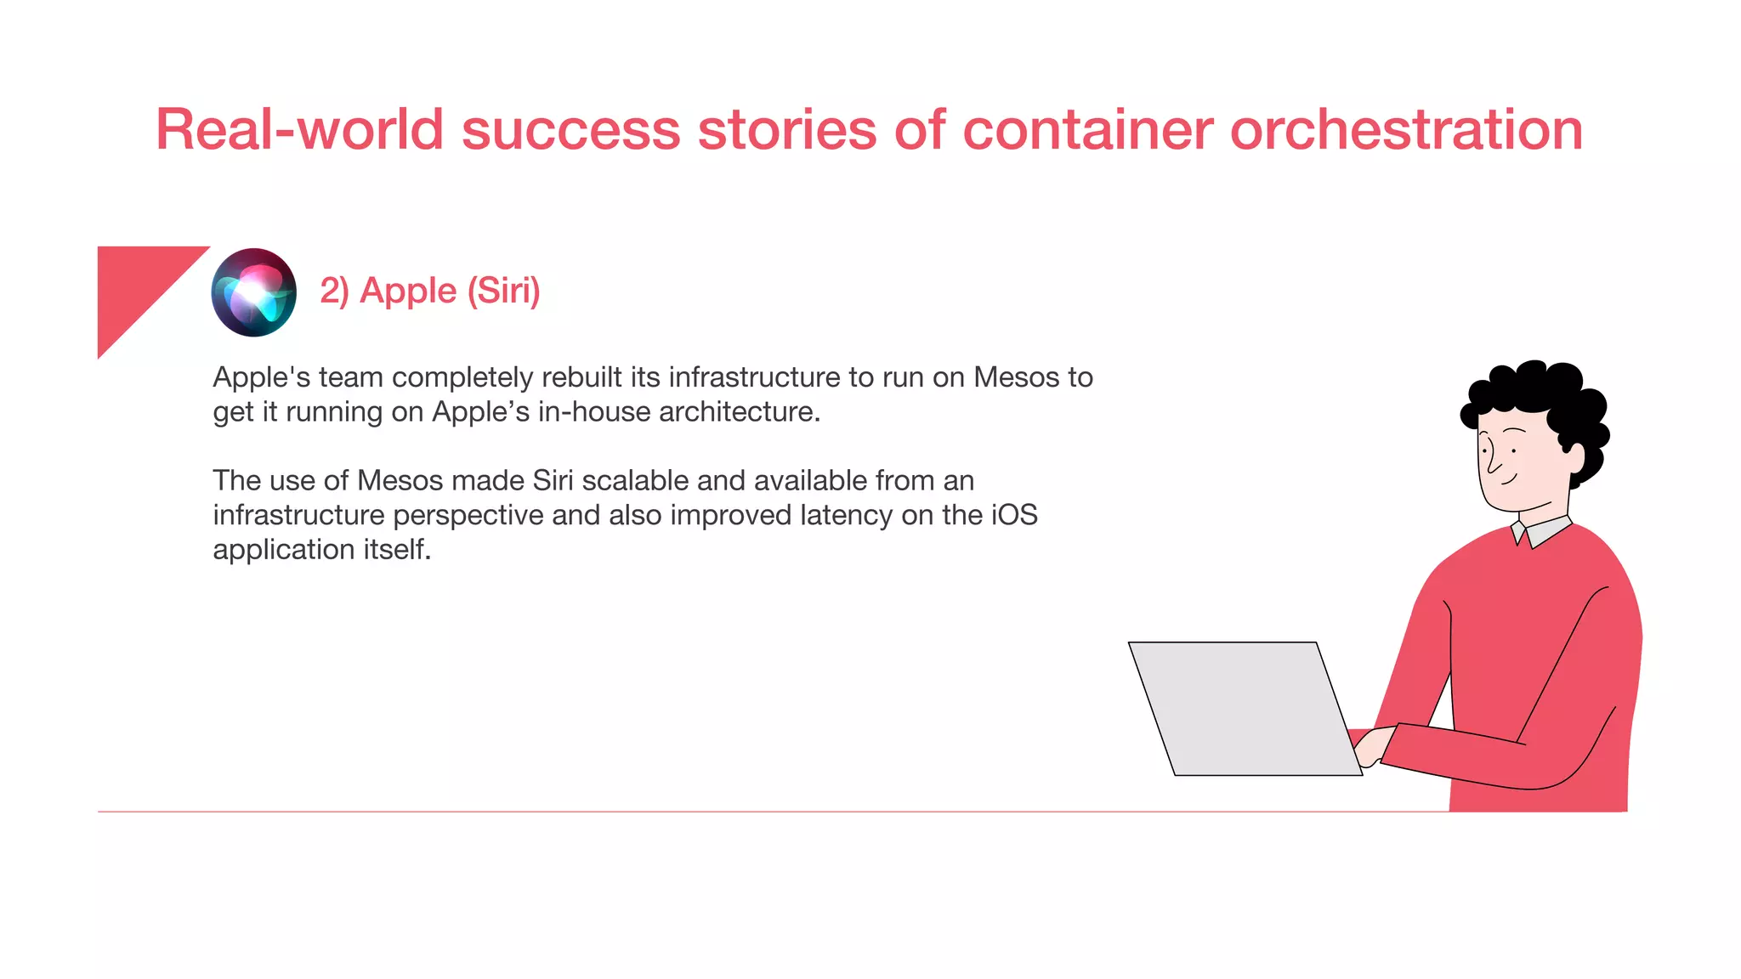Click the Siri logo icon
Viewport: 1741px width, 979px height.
(253, 292)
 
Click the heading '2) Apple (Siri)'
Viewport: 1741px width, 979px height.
(429, 291)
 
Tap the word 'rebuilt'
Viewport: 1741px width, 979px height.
(582, 377)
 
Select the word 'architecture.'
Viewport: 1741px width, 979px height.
(739, 412)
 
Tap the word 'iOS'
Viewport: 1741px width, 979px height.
(1014, 515)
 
